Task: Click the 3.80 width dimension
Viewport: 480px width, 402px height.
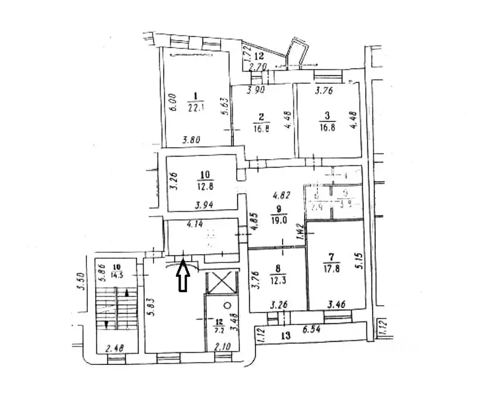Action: click(192, 140)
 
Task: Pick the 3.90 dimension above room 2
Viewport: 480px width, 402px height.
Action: click(256, 90)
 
